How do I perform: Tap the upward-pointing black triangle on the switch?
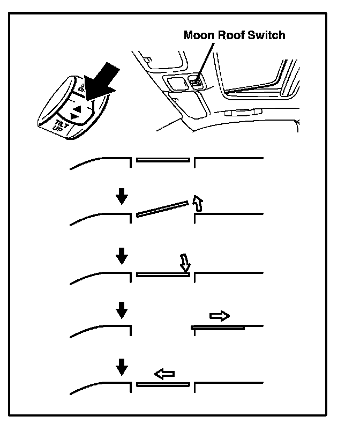pyautogui.click(x=77, y=108)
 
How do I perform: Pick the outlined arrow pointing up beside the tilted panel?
pyautogui.click(x=198, y=203)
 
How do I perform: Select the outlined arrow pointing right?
pyautogui.click(x=219, y=316)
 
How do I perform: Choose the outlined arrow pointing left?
pyautogui.click(x=164, y=373)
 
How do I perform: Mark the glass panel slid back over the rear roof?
pyautogui.click(x=218, y=326)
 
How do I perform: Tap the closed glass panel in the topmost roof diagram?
pyautogui.click(x=163, y=159)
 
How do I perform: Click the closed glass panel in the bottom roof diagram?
pyautogui.click(x=163, y=384)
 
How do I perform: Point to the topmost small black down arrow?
pyautogui.click(x=122, y=197)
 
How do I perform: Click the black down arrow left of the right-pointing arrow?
pyautogui.click(x=122, y=309)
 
